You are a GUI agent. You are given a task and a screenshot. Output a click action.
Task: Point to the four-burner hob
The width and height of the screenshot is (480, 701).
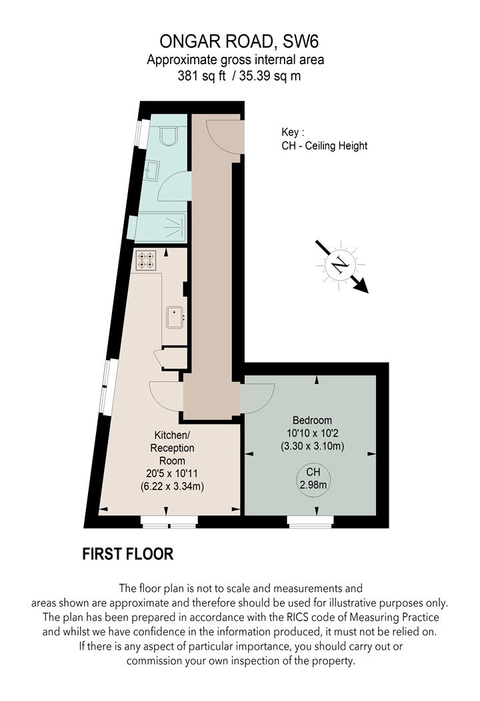146,260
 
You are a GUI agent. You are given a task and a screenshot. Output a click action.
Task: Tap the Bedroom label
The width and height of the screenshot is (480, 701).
312,421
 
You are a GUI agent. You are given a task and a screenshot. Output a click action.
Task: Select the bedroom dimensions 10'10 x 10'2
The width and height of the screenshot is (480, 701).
312,433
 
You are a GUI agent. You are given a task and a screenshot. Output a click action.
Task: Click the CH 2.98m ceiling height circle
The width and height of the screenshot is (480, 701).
313,478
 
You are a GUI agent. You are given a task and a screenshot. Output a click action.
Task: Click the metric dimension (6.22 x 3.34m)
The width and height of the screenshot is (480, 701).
171,486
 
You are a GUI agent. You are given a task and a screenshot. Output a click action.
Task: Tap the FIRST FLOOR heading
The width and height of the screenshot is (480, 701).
127,553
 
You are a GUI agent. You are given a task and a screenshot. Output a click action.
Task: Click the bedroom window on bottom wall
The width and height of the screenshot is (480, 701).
310,521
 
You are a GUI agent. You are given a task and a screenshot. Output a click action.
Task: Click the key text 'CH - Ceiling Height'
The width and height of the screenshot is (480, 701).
325,146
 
